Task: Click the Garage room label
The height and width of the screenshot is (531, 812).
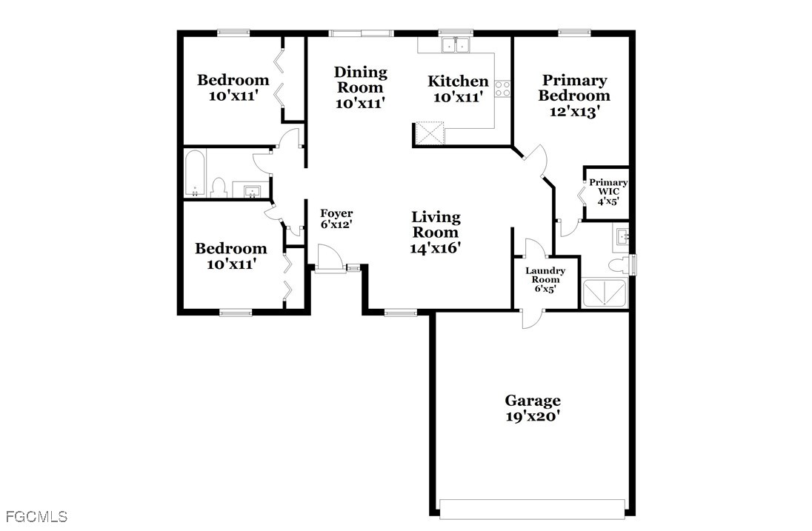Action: coord(533,401)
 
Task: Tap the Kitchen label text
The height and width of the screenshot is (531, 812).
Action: coord(458,81)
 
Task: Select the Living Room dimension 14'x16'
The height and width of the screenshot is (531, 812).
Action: coord(436,248)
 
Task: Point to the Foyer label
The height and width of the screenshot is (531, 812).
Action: coord(336,213)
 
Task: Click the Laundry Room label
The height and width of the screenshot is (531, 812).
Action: coord(545,275)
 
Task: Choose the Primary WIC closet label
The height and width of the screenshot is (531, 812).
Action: coord(608,187)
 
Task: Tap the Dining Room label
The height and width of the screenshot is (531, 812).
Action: coord(360,80)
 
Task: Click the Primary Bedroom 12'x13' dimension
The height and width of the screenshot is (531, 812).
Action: coord(574,111)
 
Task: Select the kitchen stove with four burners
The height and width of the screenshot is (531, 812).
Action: coord(502,88)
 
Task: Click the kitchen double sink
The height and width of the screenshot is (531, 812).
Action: coord(456,45)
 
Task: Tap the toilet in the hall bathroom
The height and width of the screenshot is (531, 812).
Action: coord(219,187)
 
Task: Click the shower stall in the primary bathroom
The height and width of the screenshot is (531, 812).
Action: coord(605,293)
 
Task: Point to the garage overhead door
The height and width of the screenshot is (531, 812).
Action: coord(533,508)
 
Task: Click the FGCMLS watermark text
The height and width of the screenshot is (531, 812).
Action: coord(37,516)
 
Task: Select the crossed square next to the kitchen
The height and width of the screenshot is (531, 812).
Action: coord(429,133)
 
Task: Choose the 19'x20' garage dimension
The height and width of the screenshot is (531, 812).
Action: coord(533,416)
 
